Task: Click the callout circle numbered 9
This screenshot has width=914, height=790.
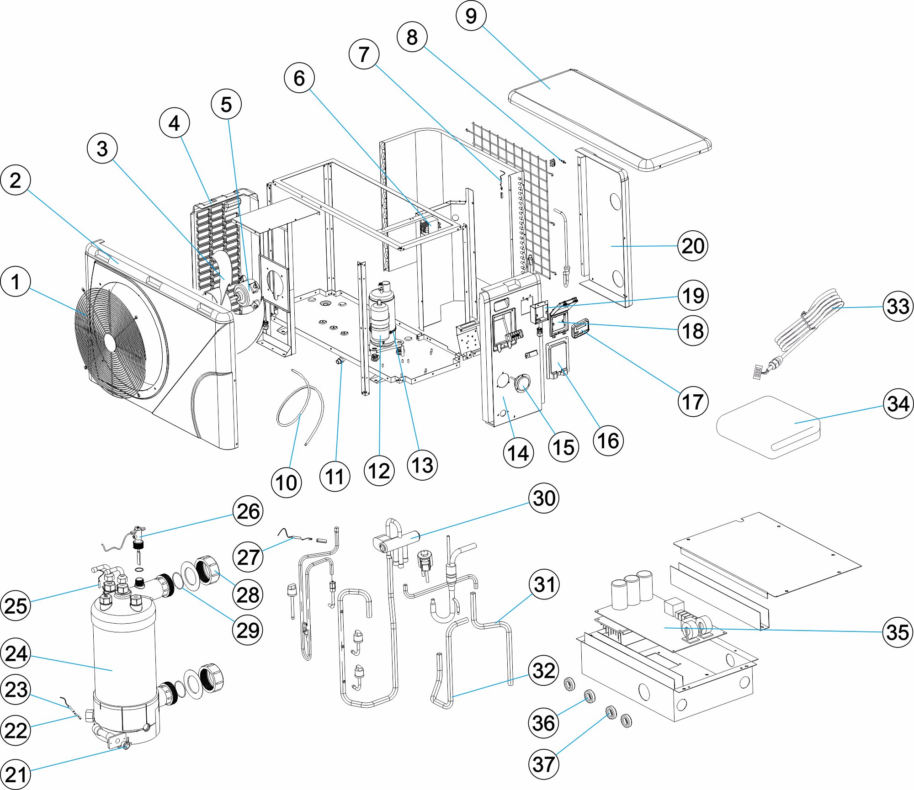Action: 471,16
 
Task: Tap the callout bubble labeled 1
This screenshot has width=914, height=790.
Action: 16,282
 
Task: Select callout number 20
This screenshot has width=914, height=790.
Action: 693,246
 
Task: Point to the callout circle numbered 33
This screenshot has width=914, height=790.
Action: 898,306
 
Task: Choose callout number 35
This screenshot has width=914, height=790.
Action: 898,632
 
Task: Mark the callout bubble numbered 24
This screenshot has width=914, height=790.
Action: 16,653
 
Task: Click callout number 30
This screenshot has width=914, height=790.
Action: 544,498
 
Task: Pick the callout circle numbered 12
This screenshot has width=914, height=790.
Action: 379,471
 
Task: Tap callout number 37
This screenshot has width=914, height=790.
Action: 543,764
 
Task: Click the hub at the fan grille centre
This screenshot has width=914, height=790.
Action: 109,341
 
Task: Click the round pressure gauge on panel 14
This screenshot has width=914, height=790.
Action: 522,383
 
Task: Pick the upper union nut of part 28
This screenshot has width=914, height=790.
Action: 208,570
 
